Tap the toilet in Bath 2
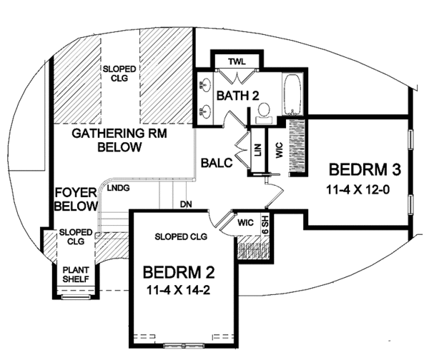(263, 109)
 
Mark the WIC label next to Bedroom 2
(246, 224)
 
